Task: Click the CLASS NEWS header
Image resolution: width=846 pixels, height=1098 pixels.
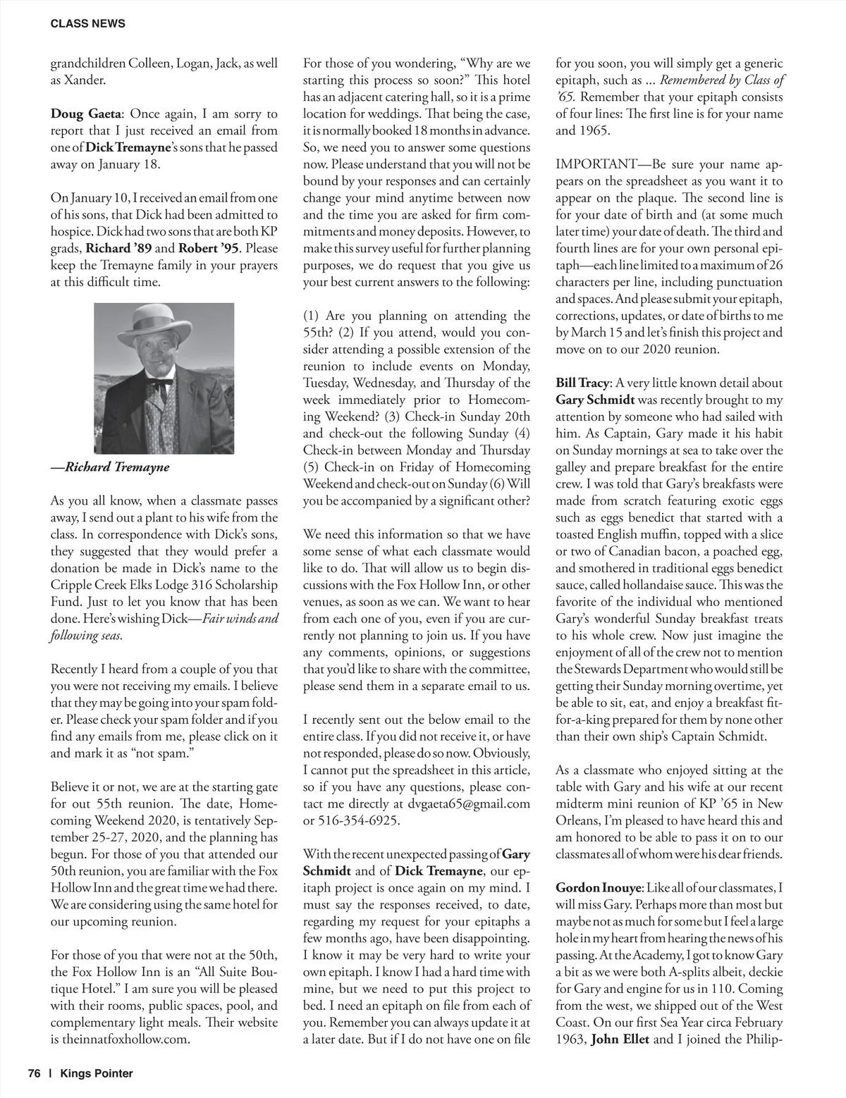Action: coord(88,23)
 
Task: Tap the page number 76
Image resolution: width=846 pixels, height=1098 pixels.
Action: coord(35,1073)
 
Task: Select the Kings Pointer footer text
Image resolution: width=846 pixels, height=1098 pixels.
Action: coord(97,1073)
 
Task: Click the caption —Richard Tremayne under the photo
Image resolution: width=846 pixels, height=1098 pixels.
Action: coord(110,467)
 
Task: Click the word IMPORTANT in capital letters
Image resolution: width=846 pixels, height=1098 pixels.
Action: coord(596,164)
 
